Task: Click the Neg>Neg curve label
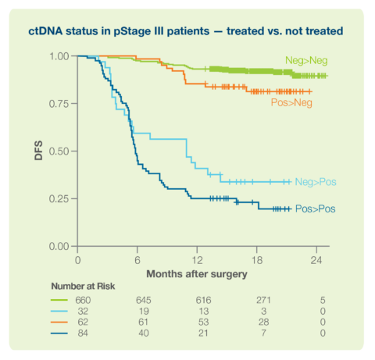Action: [305, 61]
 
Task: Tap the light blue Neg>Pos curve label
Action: [316, 182]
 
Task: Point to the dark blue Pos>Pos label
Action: [316, 209]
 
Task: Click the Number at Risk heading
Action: [83, 287]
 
